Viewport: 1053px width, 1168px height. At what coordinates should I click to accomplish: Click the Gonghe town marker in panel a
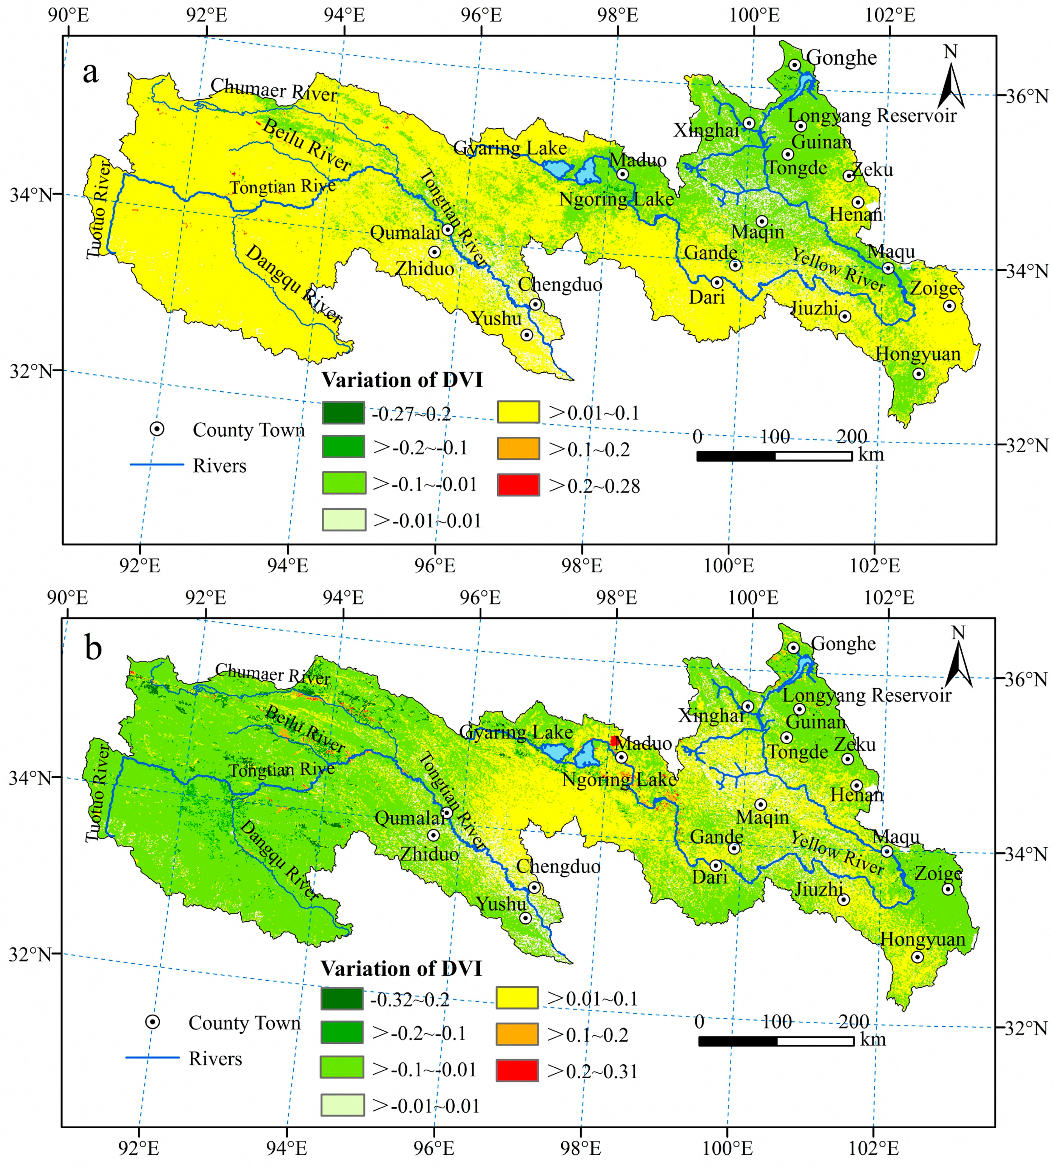(x=794, y=65)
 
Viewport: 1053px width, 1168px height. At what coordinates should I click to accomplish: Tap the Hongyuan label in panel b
(x=922, y=939)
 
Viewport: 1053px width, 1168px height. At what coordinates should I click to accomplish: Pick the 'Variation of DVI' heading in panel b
(x=401, y=968)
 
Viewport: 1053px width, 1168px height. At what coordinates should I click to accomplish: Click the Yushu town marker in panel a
(x=526, y=334)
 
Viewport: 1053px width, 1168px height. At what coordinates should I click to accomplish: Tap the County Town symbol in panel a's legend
(x=157, y=429)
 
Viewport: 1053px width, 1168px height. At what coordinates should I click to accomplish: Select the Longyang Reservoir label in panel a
(x=872, y=116)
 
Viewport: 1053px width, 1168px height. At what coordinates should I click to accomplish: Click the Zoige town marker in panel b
(x=948, y=889)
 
